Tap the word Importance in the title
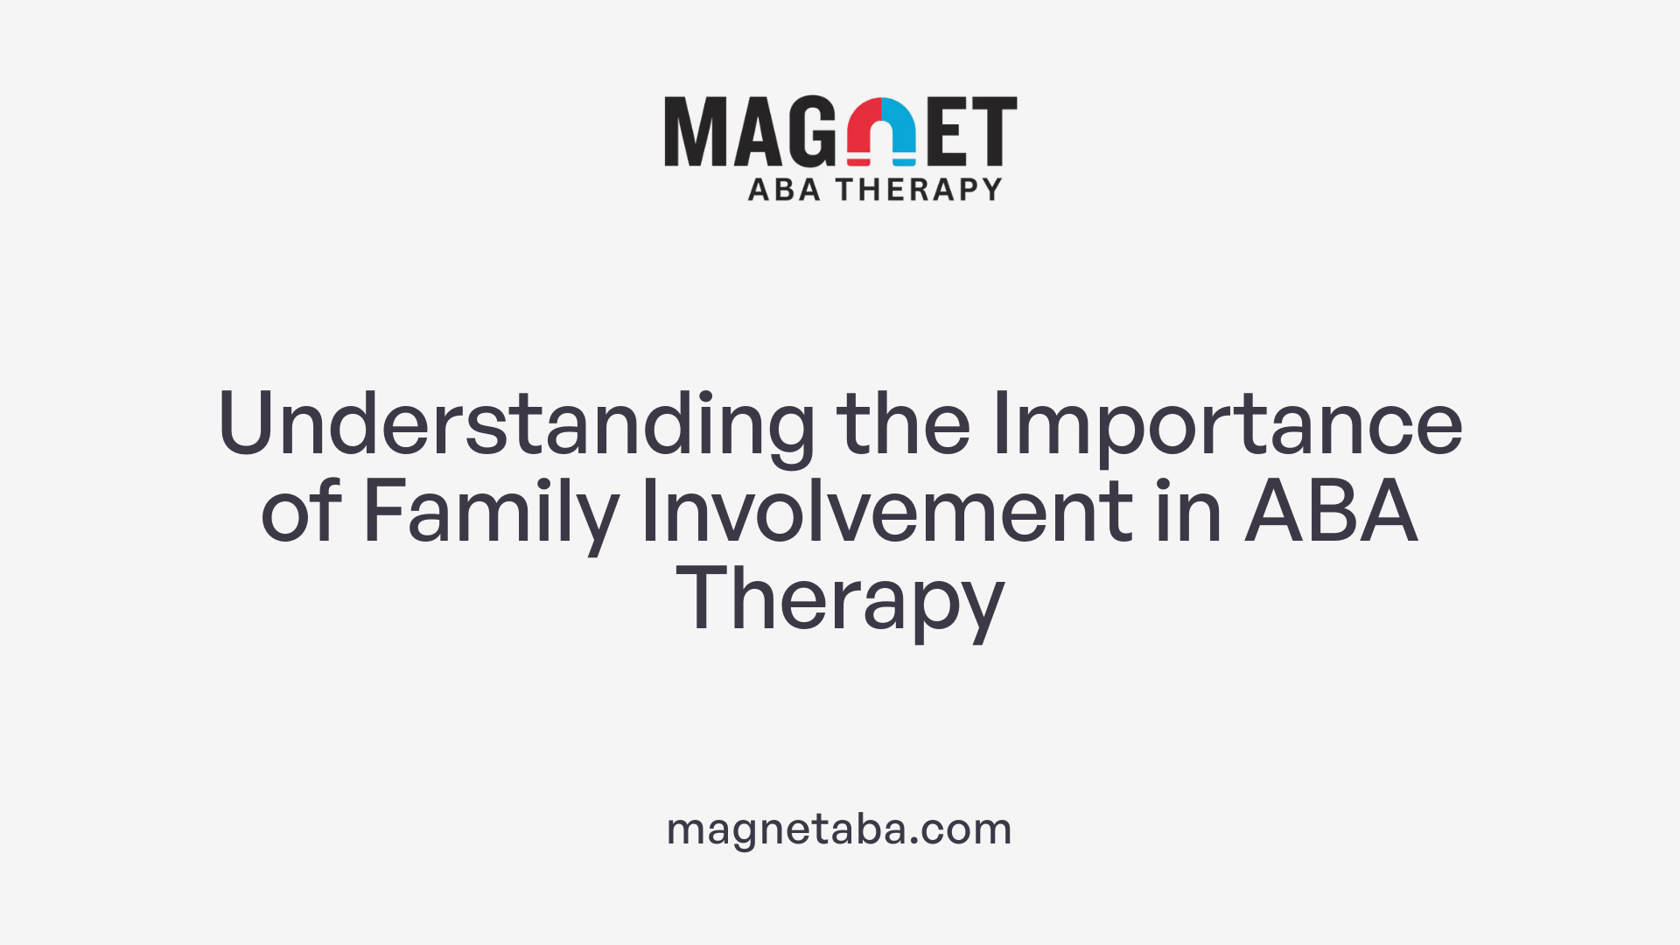(x=1227, y=424)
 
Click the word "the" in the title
(x=903, y=424)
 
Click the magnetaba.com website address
(x=839, y=829)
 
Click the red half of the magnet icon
(x=864, y=131)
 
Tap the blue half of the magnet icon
(x=899, y=131)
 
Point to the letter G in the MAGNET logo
(x=813, y=131)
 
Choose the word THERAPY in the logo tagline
(x=919, y=190)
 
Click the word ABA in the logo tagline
(x=784, y=190)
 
